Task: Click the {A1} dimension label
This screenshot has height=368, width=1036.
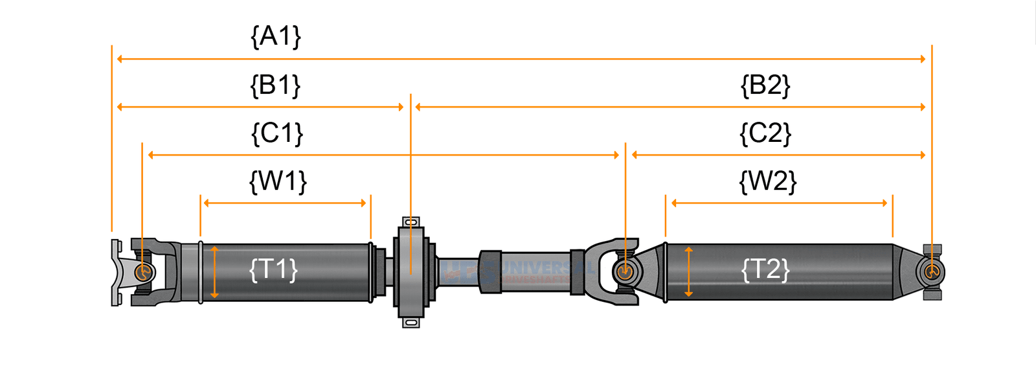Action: coord(276,37)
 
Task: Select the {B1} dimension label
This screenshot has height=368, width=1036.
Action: coord(276,86)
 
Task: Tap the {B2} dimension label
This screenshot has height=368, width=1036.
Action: coord(765,86)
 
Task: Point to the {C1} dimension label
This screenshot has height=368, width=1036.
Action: coord(276,133)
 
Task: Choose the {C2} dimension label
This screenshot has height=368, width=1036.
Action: coord(765,133)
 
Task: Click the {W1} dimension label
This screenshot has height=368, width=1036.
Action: coord(278,181)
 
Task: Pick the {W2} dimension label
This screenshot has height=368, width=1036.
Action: coord(767,181)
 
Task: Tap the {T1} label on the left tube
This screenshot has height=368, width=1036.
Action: coord(273,269)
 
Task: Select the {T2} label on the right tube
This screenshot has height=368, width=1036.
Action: coord(765,269)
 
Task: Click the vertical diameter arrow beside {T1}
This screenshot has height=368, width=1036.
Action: coord(214,272)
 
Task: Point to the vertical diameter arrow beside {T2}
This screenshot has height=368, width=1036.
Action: coord(688,272)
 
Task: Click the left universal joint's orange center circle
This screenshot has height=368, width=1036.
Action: coord(143,271)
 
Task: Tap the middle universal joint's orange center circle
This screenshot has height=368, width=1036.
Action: coord(625,271)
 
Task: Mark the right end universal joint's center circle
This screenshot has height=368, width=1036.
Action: coord(932,271)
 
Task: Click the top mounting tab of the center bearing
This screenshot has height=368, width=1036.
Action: coord(411,222)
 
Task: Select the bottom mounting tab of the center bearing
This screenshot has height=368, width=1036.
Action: coord(411,322)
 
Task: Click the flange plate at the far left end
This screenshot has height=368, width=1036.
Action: coord(116,272)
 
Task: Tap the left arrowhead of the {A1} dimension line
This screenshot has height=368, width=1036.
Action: coord(120,59)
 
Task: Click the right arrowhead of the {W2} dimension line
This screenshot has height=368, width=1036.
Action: coord(884,203)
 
